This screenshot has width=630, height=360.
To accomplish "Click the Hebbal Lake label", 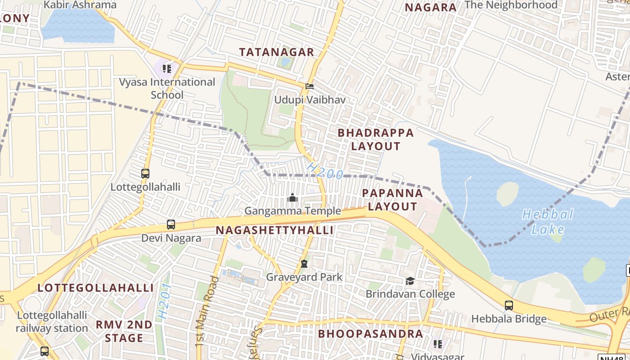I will coord(548,222).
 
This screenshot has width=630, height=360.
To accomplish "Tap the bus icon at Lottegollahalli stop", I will coord(145,173).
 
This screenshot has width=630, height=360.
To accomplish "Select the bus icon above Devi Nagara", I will coord(171,224).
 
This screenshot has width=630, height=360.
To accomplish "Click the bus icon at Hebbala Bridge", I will coord(508,305).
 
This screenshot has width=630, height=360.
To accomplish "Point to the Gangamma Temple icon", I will coord(292,198).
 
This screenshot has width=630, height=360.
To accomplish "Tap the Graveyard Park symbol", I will coord(304,264).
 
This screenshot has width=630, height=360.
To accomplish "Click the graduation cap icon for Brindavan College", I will coord(410,281).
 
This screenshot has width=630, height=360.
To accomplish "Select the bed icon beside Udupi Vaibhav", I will coord(310,86).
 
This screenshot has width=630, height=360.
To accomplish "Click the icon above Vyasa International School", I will coord(167,69).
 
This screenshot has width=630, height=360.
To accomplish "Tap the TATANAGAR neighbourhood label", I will coord(276,52).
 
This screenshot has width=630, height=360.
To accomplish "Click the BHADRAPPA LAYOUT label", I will coord(375,139).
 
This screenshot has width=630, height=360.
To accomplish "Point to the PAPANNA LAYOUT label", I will coord(392,200).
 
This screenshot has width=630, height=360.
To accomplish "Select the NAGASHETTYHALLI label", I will coord(274,230).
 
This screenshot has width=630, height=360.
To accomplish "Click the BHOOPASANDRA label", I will coord(370,334).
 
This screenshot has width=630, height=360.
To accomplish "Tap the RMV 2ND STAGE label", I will coord(124,331).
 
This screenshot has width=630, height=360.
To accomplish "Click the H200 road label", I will coord(325,171).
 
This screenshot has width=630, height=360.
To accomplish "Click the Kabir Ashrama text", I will coord(80,5).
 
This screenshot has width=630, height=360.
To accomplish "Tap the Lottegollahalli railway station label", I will coord(52,322).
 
